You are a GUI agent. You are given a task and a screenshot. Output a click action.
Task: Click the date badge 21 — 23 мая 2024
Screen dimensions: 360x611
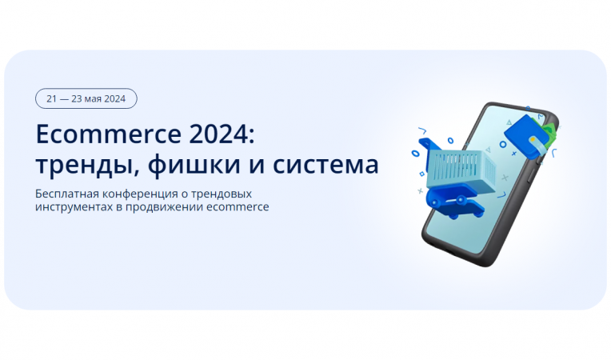[x=86, y=98]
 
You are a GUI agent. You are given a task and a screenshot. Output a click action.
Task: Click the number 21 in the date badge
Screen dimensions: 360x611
[x=52, y=98]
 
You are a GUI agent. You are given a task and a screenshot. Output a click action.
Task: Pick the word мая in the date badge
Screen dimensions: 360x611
[x=94, y=98]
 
